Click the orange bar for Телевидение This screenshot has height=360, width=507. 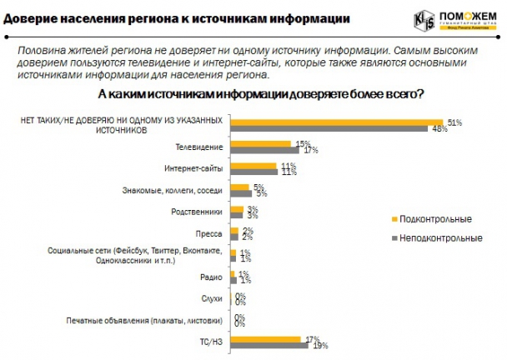click(260, 143)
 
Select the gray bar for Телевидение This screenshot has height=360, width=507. click(264, 150)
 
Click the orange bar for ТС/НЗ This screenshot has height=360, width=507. click(264, 338)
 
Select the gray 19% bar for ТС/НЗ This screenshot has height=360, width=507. click(269, 345)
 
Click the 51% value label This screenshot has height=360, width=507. click(455, 122)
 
